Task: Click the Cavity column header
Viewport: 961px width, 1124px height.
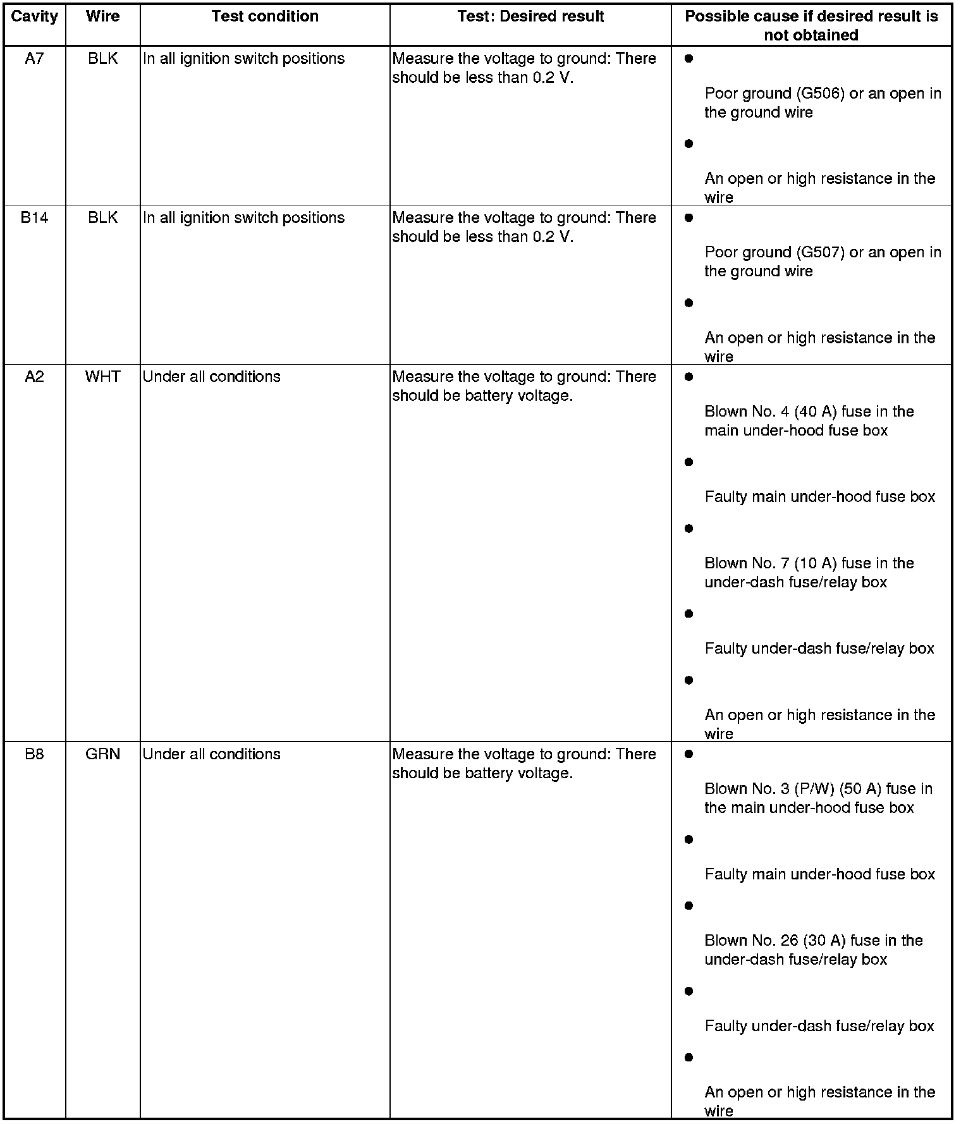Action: click(x=34, y=16)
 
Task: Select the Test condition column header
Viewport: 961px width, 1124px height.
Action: click(x=265, y=16)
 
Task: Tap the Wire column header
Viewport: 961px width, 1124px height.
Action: click(x=102, y=16)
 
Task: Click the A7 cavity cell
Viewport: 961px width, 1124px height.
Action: click(x=34, y=59)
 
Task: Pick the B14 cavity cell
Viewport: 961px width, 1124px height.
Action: click(x=34, y=218)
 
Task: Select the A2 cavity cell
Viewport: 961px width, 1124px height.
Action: click(x=34, y=377)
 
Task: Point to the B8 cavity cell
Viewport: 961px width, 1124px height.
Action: click(x=34, y=754)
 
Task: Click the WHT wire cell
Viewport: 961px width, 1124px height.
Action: click(x=102, y=377)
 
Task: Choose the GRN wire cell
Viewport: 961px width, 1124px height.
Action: click(x=102, y=754)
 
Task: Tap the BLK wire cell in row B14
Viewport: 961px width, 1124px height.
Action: click(x=102, y=218)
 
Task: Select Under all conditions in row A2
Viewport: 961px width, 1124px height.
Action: click(x=211, y=377)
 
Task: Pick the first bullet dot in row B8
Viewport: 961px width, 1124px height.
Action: click(x=689, y=754)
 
